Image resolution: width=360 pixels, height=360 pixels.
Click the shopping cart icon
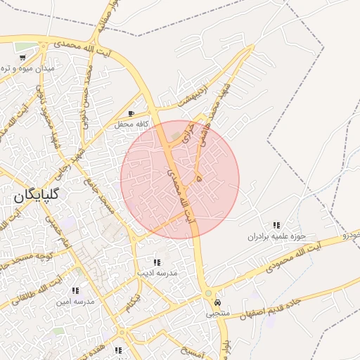(x=23, y=58)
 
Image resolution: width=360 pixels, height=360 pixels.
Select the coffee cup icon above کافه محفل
(x=131, y=114)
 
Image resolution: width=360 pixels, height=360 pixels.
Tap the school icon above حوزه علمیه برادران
(x=276, y=225)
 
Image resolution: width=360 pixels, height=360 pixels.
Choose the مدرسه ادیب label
(x=157, y=272)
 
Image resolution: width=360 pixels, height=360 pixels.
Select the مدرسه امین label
(x=75, y=301)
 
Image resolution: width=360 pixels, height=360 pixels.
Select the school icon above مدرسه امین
(x=75, y=290)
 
